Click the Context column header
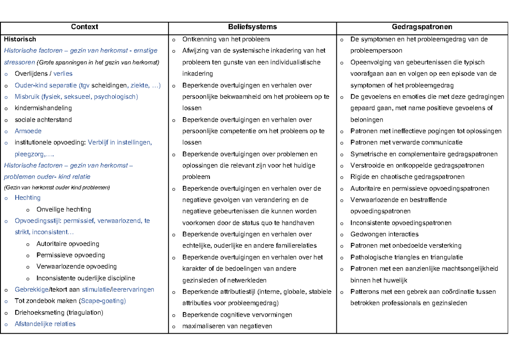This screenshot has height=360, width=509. (84, 27)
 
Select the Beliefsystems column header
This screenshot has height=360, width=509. (252, 27)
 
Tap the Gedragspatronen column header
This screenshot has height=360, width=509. (422, 27)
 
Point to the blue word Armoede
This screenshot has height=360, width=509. (28, 131)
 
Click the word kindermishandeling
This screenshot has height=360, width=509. (43, 108)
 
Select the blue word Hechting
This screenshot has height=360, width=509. (28, 198)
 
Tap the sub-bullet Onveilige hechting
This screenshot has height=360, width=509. (64, 209)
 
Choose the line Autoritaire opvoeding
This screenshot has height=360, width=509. (68, 244)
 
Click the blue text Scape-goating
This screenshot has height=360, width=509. (103, 301)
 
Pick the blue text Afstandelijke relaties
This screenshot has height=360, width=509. (45, 324)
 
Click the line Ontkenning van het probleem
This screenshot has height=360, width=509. (226, 39)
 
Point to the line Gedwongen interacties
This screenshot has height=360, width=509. (384, 234)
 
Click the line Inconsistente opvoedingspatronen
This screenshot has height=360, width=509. (401, 223)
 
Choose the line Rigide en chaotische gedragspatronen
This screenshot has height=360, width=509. (407, 177)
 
